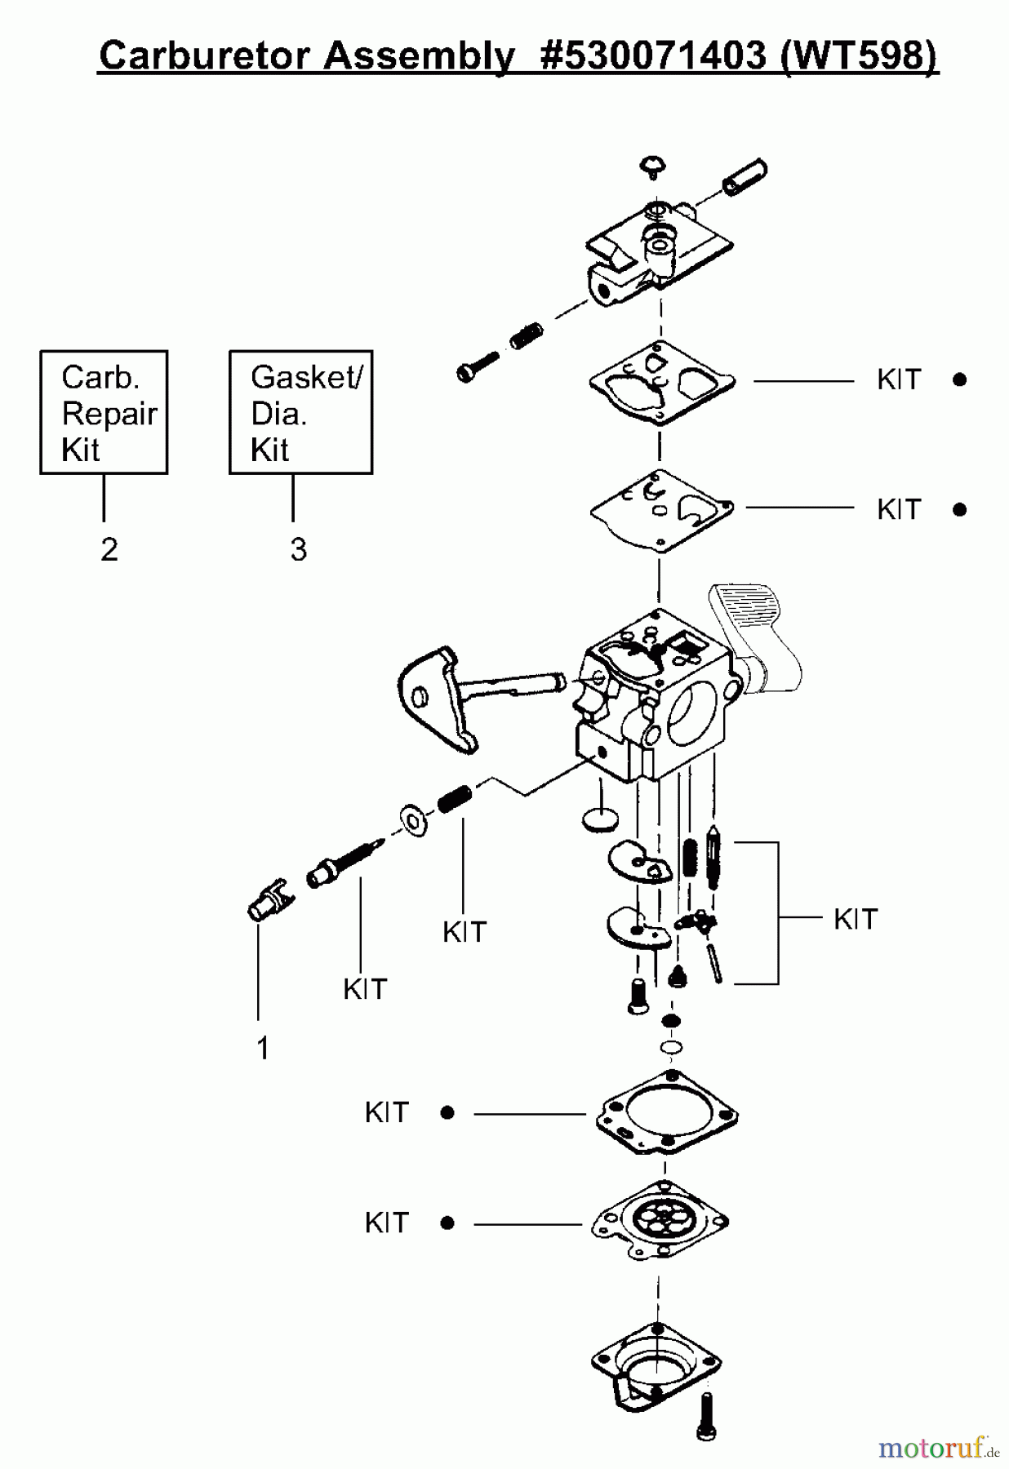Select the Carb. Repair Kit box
pos(104,413)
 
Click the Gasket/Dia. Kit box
pos(300,413)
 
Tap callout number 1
pos(262,1048)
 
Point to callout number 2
pos(109,549)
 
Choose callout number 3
pos(298,549)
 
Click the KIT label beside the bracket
pos(855,919)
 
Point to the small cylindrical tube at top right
pos(745,177)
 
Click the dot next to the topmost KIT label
pos(959,379)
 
